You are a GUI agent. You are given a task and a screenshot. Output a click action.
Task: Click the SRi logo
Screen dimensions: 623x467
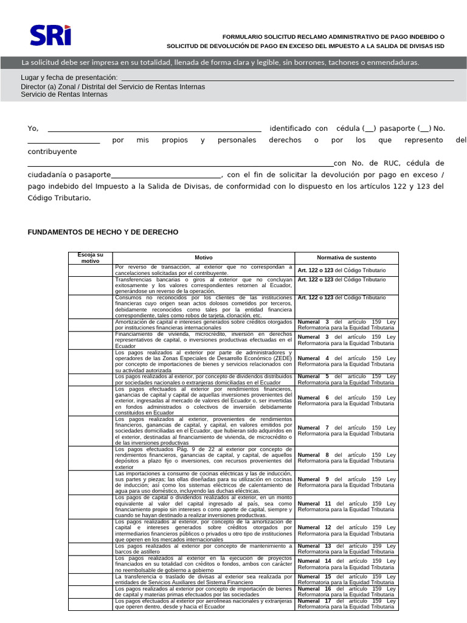pyautogui.click(x=50, y=35)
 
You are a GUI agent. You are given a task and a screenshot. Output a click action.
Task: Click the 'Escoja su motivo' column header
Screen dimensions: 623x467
pyautogui.click(x=90, y=257)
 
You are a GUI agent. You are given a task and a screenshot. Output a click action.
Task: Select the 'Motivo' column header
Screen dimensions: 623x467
pyautogui.click(x=204, y=258)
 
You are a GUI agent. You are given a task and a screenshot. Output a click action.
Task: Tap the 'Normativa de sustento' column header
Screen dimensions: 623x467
pyautogui.click(x=347, y=258)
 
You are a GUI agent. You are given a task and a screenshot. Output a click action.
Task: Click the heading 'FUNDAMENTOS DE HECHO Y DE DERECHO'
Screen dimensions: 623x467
pyautogui.click(x=103, y=232)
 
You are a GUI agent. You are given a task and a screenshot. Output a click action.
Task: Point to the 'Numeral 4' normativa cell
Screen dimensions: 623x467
pyautogui.click(x=347, y=362)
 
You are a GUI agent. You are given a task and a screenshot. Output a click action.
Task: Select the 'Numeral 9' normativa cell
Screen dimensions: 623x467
pyautogui.click(x=347, y=482)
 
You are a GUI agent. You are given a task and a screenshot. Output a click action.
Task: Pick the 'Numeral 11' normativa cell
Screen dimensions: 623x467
pyautogui.click(x=347, y=507)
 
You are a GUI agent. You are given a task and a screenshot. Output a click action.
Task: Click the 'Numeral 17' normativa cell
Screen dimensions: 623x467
pyautogui.click(x=347, y=604)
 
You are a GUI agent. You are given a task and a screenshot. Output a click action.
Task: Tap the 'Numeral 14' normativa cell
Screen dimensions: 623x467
pyautogui.click(x=347, y=564)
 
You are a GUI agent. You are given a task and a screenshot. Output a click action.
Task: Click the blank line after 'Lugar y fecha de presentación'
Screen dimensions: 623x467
pyautogui.click(x=287, y=78)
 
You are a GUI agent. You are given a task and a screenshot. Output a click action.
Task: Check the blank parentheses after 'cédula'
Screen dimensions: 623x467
pyautogui.click(x=370, y=128)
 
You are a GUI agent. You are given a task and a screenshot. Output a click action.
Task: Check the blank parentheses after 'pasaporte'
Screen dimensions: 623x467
pyautogui.click(x=425, y=128)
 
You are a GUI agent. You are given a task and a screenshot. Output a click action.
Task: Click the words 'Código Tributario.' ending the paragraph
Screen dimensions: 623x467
pyautogui.click(x=59, y=198)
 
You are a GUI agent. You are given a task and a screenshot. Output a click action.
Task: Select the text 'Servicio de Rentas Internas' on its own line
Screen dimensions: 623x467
pyautogui.click(x=64, y=94)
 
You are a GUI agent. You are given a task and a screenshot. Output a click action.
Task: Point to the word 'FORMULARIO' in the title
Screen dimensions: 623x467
pyautogui.click(x=244, y=37)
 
